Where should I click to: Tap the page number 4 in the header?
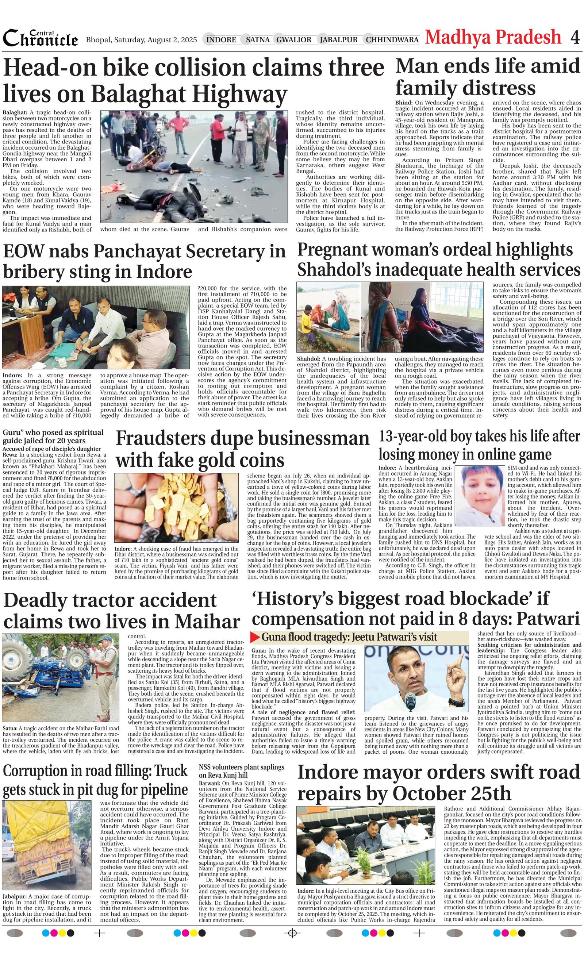click(575, 38)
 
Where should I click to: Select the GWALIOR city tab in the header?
click(294, 40)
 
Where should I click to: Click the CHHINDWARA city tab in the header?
click(392, 40)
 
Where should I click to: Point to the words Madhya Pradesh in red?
click(493, 38)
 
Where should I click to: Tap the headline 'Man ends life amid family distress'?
click(487, 77)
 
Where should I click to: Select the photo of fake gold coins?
click(177, 507)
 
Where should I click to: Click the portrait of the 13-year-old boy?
click(479, 495)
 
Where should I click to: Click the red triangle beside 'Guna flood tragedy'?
click(255, 637)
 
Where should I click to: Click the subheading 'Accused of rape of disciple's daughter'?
click(52, 449)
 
